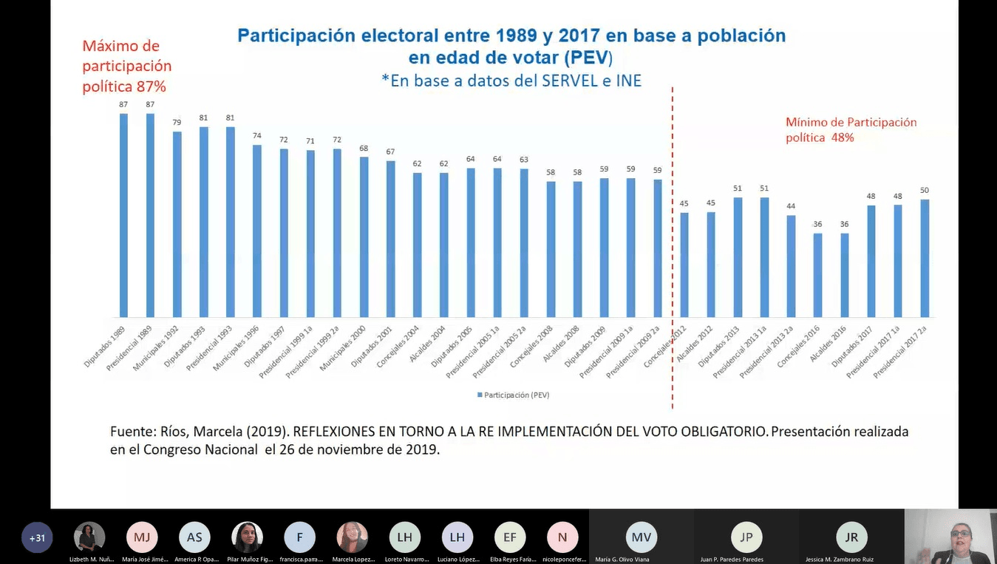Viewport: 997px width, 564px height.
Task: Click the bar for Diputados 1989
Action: click(123, 214)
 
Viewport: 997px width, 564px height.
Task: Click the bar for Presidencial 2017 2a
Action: click(925, 258)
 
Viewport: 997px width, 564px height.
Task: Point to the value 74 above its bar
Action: click(257, 136)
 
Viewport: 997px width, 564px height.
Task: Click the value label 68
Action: click(364, 148)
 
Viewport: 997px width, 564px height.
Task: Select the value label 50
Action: click(925, 190)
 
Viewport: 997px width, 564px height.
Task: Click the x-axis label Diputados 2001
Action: click(374, 346)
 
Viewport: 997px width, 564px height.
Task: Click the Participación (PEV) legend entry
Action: click(514, 395)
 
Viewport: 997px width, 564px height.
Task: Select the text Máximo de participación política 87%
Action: click(126, 67)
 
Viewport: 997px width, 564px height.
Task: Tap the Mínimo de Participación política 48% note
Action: click(851, 129)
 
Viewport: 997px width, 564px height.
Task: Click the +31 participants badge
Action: click(37, 537)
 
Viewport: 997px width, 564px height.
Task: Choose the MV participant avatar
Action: click(642, 537)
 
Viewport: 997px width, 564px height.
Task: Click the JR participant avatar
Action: click(851, 537)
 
